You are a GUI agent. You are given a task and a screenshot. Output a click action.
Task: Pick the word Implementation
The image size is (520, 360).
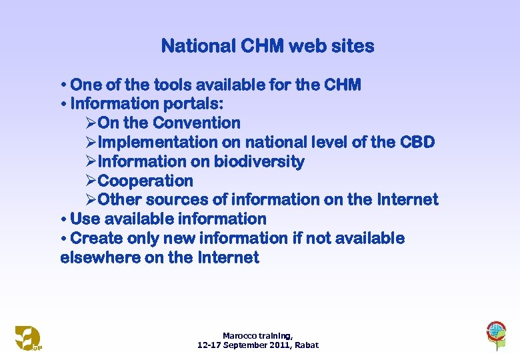157,143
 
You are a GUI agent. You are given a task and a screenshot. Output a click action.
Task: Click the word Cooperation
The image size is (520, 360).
145,181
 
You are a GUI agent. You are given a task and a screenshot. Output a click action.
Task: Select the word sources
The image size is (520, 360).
179,200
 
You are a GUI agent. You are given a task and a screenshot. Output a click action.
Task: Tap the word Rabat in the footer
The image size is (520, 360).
307,345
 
